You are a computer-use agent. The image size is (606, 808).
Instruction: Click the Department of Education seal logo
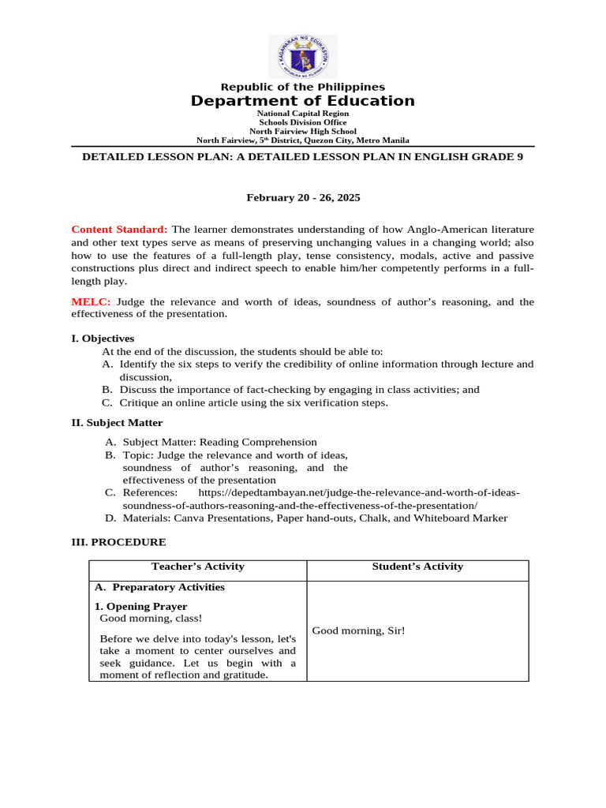[303, 57]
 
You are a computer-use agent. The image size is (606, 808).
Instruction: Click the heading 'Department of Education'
[303, 101]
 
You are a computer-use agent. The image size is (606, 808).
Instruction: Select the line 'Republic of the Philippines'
[303, 87]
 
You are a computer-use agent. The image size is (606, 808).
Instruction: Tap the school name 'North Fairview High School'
[303, 131]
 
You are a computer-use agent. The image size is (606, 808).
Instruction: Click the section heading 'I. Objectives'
[103, 339]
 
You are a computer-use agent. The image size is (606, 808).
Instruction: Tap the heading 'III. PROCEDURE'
[118, 543]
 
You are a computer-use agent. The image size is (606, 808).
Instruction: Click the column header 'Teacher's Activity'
[197, 567]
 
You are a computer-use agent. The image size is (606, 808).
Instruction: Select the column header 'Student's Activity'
[417, 567]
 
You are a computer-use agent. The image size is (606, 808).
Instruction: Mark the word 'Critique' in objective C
[139, 402]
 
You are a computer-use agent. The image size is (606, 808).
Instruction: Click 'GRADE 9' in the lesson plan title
[499, 157]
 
